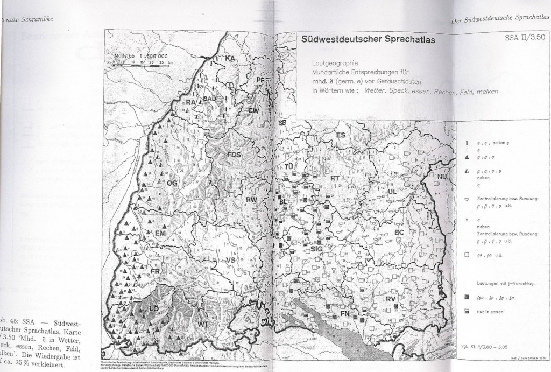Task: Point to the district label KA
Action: click(231, 58)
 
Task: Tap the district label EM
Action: click(161, 234)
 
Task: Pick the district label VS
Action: click(231, 260)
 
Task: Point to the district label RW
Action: click(251, 200)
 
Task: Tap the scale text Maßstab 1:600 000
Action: click(141, 55)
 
